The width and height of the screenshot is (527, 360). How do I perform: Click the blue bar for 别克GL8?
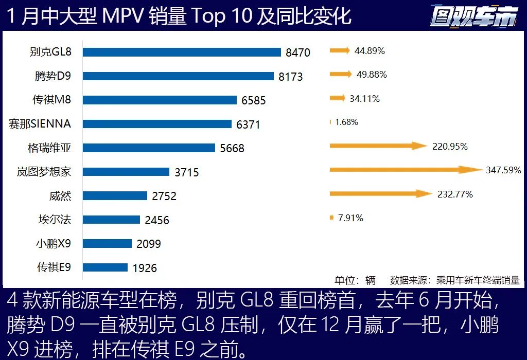(x=182, y=52)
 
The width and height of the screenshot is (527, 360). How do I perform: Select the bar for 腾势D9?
(x=178, y=76)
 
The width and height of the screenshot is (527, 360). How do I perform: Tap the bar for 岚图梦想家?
(x=126, y=172)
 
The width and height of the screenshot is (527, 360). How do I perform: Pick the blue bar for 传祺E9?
(x=105, y=267)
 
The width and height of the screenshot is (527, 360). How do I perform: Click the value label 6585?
(x=254, y=101)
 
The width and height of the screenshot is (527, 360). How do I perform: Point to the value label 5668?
(x=232, y=149)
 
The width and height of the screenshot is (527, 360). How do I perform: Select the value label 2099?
(x=149, y=244)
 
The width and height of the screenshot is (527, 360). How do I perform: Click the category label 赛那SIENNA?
(x=40, y=124)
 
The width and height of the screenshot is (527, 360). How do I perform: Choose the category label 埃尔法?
(x=55, y=220)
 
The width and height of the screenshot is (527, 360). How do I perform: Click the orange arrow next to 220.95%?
(x=378, y=146)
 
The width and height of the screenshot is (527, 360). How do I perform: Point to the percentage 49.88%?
(x=372, y=75)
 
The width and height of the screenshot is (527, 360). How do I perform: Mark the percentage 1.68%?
(x=346, y=122)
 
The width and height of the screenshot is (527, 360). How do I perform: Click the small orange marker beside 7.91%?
(x=331, y=218)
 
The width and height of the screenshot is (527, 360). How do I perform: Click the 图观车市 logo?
(x=473, y=17)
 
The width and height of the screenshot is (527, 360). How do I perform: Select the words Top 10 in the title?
(x=222, y=16)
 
